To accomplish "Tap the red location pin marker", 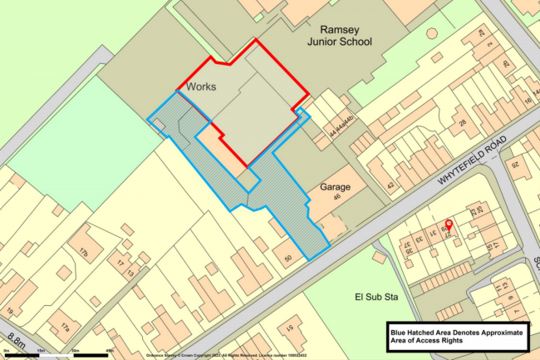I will point(449,224).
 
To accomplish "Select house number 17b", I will point(83,250).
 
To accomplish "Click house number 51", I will point(289,329).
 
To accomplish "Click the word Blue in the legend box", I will point(403,332).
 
